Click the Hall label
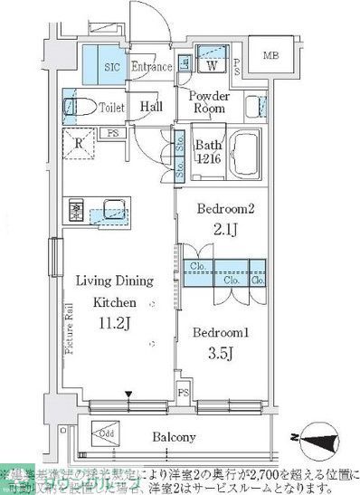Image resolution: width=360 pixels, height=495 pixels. tap(151, 106)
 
